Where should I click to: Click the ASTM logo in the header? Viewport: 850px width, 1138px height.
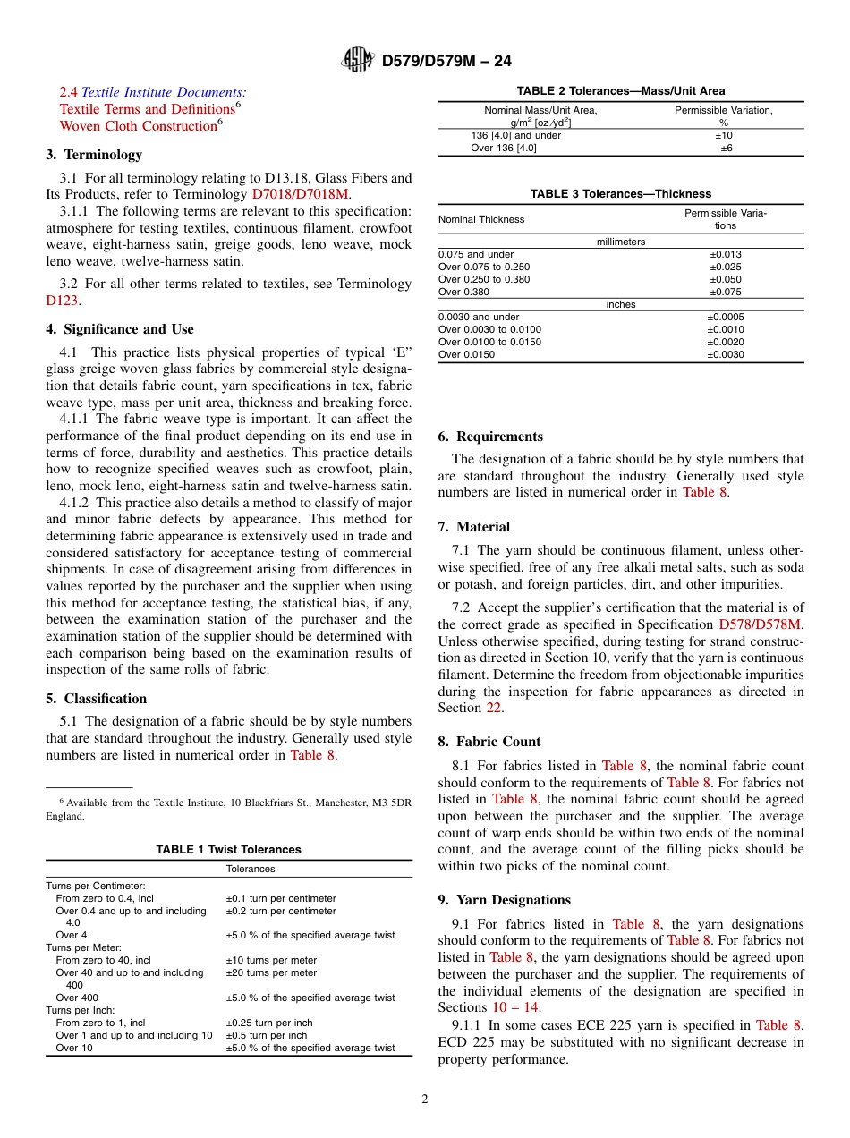click(x=358, y=61)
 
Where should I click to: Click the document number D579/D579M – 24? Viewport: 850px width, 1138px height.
click(x=446, y=62)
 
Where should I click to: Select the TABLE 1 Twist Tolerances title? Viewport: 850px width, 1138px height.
click(x=229, y=850)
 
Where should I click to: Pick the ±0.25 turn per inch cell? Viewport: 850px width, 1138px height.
click(x=269, y=1023)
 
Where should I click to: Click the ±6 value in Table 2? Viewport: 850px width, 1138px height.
click(x=727, y=149)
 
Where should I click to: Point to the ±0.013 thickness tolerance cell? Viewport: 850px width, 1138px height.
click(x=726, y=254)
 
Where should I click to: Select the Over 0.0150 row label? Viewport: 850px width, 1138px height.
click(x=466, y=354)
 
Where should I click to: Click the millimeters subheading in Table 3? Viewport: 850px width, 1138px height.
click(x=621, y=242)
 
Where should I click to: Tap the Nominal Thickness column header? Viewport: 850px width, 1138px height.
click(x=481, y=219)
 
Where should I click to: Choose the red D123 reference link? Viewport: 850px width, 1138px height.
click(x=61, y=301)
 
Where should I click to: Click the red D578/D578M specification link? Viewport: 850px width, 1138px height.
click(x=761, y=624)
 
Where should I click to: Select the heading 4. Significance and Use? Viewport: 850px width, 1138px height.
click(x=120, y=329)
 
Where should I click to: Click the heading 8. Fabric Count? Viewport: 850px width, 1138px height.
click(x=489, y=742)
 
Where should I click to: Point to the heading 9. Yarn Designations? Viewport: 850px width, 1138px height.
click(x=504, y=900)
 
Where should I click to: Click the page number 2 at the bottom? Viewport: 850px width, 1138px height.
click(x=425, y=1100)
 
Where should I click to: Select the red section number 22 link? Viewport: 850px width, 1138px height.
click(x=494, y=708)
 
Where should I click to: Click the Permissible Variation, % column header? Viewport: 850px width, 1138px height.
click(x=724, y=115)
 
